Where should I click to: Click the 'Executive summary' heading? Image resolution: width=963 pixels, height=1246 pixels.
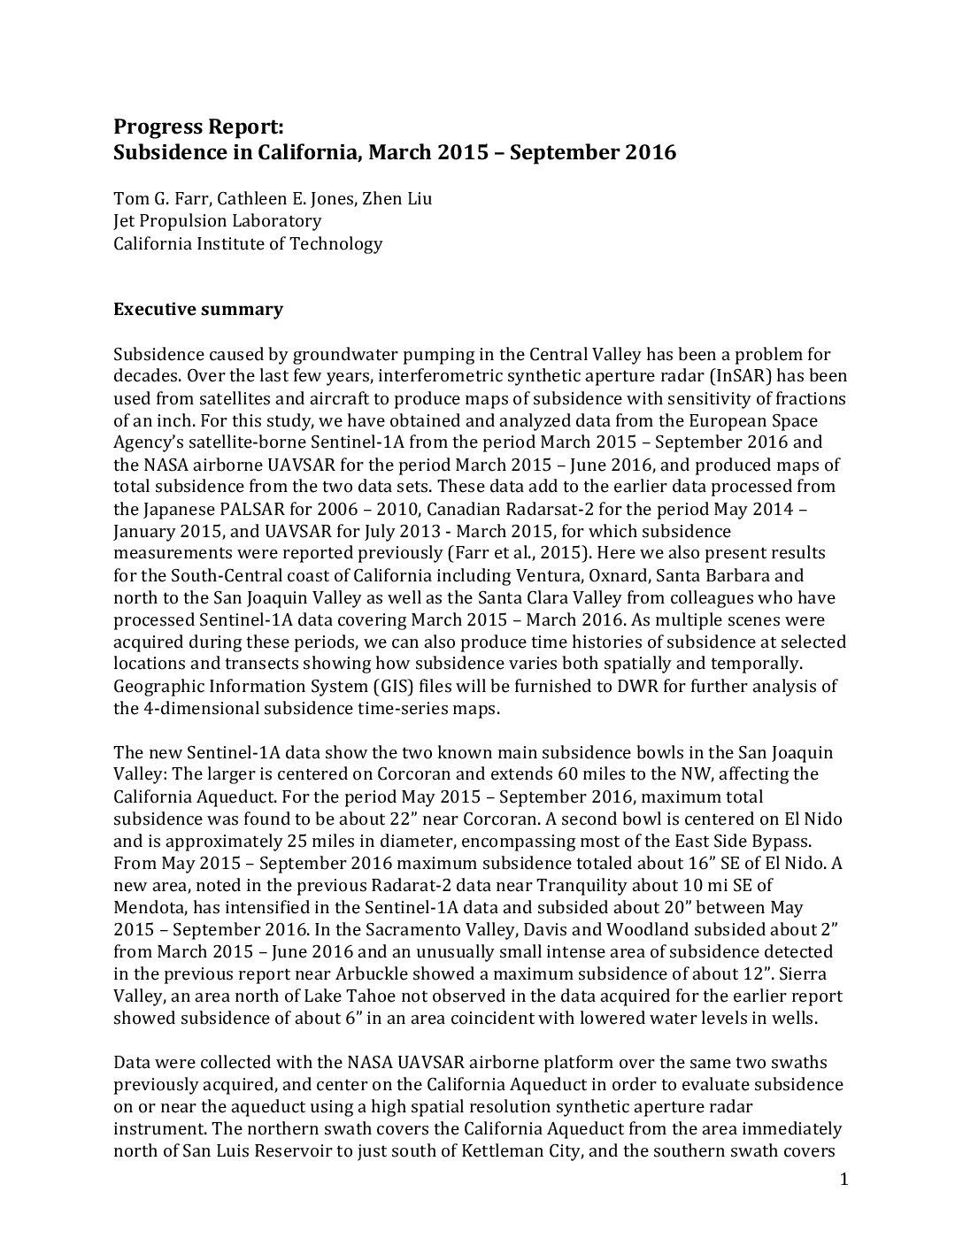[198, 310]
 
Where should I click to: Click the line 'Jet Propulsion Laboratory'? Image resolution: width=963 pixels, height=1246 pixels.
[217, 221]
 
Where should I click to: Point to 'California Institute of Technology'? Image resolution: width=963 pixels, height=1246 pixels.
[248, 243]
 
